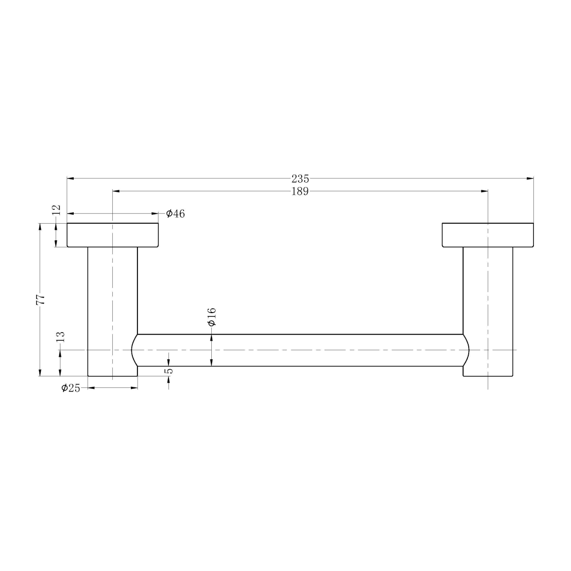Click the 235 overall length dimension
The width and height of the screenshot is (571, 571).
[300, 179]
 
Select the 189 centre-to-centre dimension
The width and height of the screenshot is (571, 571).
[300, 191]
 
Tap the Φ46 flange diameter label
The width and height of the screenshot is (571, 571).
[175, 214]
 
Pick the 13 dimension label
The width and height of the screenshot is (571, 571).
[60, 337]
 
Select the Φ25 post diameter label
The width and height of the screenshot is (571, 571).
[70, 388]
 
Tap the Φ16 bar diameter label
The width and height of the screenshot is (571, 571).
[212, 316]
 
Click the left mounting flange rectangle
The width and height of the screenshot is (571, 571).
[112, 235]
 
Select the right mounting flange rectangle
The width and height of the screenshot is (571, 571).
[488, 235]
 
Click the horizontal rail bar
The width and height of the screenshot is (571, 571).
[300, 350]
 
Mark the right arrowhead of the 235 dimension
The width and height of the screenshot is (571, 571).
[530, 178]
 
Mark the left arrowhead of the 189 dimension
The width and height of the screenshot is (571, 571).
[116, 191]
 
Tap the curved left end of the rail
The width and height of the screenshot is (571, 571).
[134, 350]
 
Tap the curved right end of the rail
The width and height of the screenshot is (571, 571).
[466, 350]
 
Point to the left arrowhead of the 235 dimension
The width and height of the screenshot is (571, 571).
[70, 178]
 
